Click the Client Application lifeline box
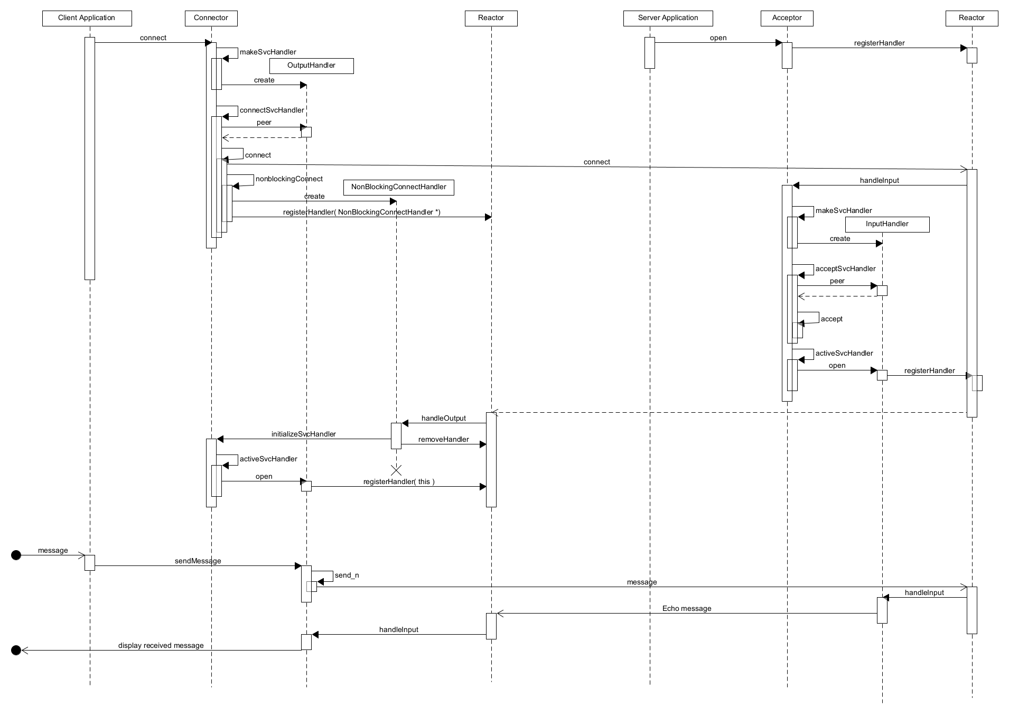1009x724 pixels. click(x=87, y=18)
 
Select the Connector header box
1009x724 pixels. click(x=211, y=18)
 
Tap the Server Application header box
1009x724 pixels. click(x=668, y=18)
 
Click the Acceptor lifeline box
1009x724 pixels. click(x=787, y=18)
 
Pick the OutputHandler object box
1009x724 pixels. click(x=311, y=66)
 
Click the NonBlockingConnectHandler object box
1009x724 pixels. click(x=398, y=187)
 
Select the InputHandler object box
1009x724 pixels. click(x=887, y=224)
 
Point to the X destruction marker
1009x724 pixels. click(x=396, y=470)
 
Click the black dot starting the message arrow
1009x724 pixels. click(x=16, y=555)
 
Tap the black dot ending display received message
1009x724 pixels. click(x=16, y=650)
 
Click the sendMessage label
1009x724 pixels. click(x=198, y=561)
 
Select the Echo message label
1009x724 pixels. click(x=686, y=608)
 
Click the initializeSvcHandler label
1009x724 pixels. click(x=303, y=434)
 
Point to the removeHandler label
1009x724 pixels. click(x=443, y=439)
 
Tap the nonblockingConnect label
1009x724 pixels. click(x=289, y=179)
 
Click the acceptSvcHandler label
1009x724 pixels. click(x=845, y=268)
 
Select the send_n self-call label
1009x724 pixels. click(x=347, y=575)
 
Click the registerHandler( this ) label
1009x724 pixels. click(x=399, y=481)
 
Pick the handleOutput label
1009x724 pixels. click(x=443, y=418)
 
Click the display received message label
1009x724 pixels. click(x=161, y=645)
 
